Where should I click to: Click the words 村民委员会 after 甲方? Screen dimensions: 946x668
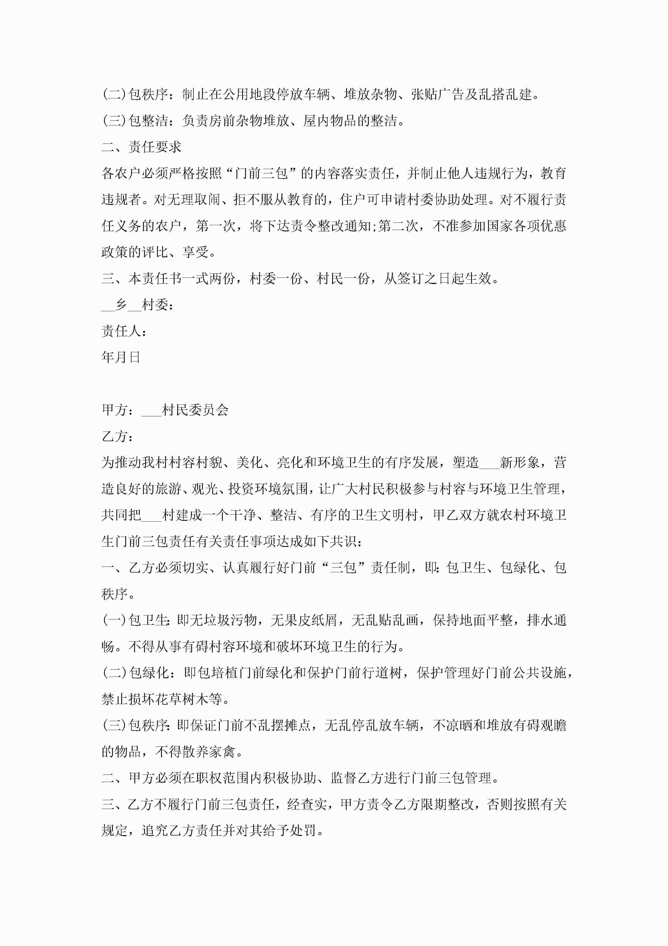[x=195, y=410]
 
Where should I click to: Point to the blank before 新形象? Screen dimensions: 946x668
[x=489, y=463]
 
